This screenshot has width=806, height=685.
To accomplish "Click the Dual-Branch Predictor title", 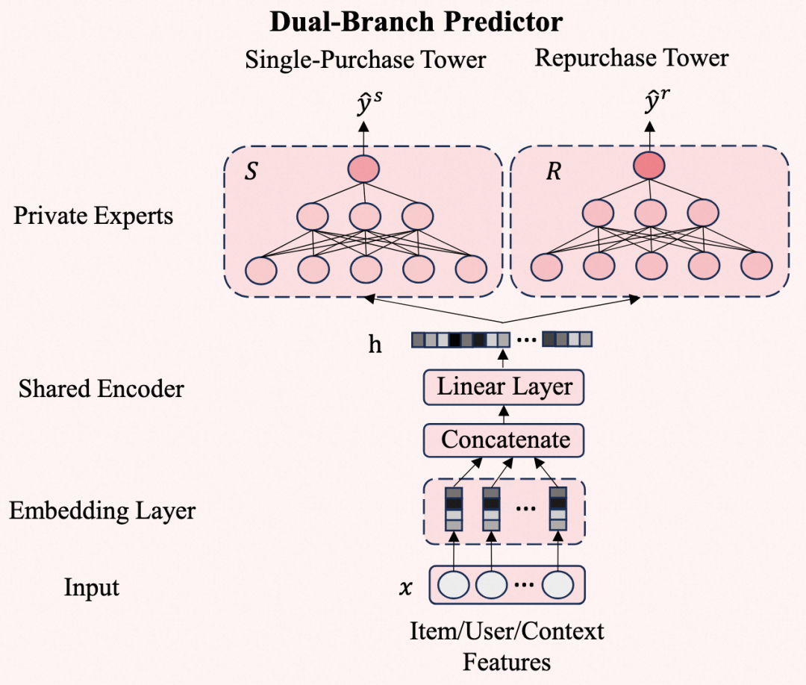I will [416, 22].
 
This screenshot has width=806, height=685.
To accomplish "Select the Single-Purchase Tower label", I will [366, 60].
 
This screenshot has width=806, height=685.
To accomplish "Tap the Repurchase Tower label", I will [631, 58].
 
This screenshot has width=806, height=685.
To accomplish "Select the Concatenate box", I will [504, 440].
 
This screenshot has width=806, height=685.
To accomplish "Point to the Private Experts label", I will [93, 216].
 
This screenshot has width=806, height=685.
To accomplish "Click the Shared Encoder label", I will [101, 389].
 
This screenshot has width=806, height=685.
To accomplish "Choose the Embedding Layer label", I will [102, 511].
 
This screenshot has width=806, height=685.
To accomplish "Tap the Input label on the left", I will [92, 587].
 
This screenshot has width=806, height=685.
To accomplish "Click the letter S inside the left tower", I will [251, 172].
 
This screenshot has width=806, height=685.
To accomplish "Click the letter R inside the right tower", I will [553, 172].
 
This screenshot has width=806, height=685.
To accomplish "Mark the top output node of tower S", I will [363, 169].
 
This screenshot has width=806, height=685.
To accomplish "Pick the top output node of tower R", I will [649, 166].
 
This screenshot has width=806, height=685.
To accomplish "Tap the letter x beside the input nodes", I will [406, 587].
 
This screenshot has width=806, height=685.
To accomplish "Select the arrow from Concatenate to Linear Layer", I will [504, 414].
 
